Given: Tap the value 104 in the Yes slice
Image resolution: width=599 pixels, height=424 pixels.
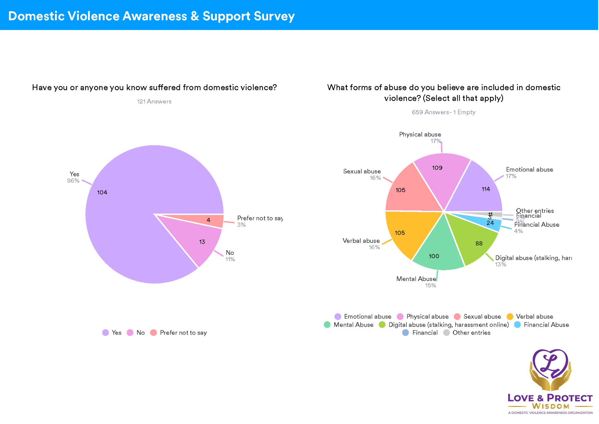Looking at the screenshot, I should [102, 193].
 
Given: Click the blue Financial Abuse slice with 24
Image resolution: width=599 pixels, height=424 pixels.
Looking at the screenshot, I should [491, 223].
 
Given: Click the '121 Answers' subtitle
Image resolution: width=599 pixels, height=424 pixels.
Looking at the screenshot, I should [154, 101].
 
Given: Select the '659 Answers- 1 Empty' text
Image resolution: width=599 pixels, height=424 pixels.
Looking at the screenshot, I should [444, 112].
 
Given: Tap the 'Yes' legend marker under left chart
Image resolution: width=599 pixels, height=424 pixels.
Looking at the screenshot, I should [105, 333].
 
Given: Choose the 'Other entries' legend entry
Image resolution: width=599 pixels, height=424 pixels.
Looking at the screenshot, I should [471, 333].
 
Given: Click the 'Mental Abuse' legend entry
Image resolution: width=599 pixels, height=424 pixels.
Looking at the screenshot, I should [353, 325].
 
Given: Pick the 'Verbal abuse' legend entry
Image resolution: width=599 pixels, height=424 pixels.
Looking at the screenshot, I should [534, 317].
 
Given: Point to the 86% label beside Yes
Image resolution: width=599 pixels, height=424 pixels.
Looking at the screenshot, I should [73, 181].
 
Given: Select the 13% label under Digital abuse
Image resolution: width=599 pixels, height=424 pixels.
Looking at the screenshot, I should [500, 264].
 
